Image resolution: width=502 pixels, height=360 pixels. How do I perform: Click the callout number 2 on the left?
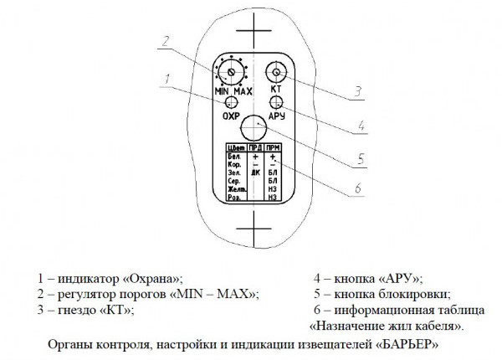click(166, 41)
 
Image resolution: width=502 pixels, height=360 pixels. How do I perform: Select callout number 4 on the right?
click(360, 126)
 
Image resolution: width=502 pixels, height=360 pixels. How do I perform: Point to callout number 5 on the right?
click(360, 157)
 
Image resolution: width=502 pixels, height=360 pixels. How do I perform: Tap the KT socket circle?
click(275, 73)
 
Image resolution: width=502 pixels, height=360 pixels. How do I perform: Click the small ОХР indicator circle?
click(231, 101)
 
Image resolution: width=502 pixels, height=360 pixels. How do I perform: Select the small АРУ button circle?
click(275, 101)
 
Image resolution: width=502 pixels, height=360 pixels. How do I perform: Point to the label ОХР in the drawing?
click(231, 116)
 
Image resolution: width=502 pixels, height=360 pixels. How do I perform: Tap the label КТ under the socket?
click(275, 89)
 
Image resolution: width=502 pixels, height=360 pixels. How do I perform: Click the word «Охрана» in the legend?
click(150, 277)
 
